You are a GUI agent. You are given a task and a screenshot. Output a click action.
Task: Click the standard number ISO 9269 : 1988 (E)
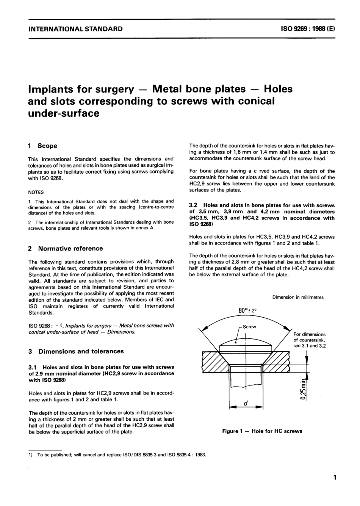pyautogui.click(x=308, y=29)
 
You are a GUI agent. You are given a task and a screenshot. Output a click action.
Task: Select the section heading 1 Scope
pyautogui.click(x=43, y=146)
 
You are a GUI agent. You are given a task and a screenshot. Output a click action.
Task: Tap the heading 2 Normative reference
pyautogui.click(x=66, y=249)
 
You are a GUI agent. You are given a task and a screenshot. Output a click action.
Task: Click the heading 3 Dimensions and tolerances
pyautogui.click(x=76, y=351)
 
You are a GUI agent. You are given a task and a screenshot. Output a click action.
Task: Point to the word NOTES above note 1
pyautogui.click(x=36, y=192)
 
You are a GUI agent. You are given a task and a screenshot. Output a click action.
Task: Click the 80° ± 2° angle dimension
pyautogui.click(x=247, y=310)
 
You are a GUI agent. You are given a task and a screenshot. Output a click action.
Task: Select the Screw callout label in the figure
pyautogui.click(x=249, y=326)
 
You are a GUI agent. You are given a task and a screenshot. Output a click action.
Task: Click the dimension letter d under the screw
pyautogui.click(x=246, y=404)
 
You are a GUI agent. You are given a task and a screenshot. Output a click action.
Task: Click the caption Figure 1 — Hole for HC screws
pyautogui.click(x=262, y=431)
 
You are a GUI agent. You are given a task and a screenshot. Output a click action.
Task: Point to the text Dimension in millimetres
pyautogui.click(x=298, y=298)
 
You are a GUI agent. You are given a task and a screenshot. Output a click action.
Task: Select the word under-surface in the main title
pyautogui.click(x=64, y=113)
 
